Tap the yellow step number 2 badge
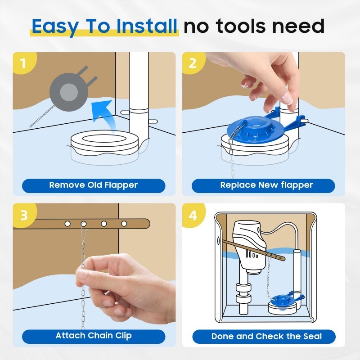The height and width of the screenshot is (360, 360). click(193, 63)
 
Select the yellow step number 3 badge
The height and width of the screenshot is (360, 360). click(24, 215)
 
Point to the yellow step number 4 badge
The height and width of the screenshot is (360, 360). click(193, 215)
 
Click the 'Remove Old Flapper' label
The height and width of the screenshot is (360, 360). click(94, 185)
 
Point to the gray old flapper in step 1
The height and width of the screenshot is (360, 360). click(69, 92)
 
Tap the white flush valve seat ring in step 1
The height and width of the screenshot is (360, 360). click(104, 142)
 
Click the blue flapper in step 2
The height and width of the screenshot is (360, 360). click(255, 129)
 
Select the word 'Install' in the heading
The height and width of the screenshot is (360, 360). click(147, 26)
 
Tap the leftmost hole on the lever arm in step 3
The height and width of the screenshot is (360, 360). click(67, 223)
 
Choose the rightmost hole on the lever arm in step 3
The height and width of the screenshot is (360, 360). click(124, 223)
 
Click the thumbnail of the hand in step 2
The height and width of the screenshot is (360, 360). click(287, 99)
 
